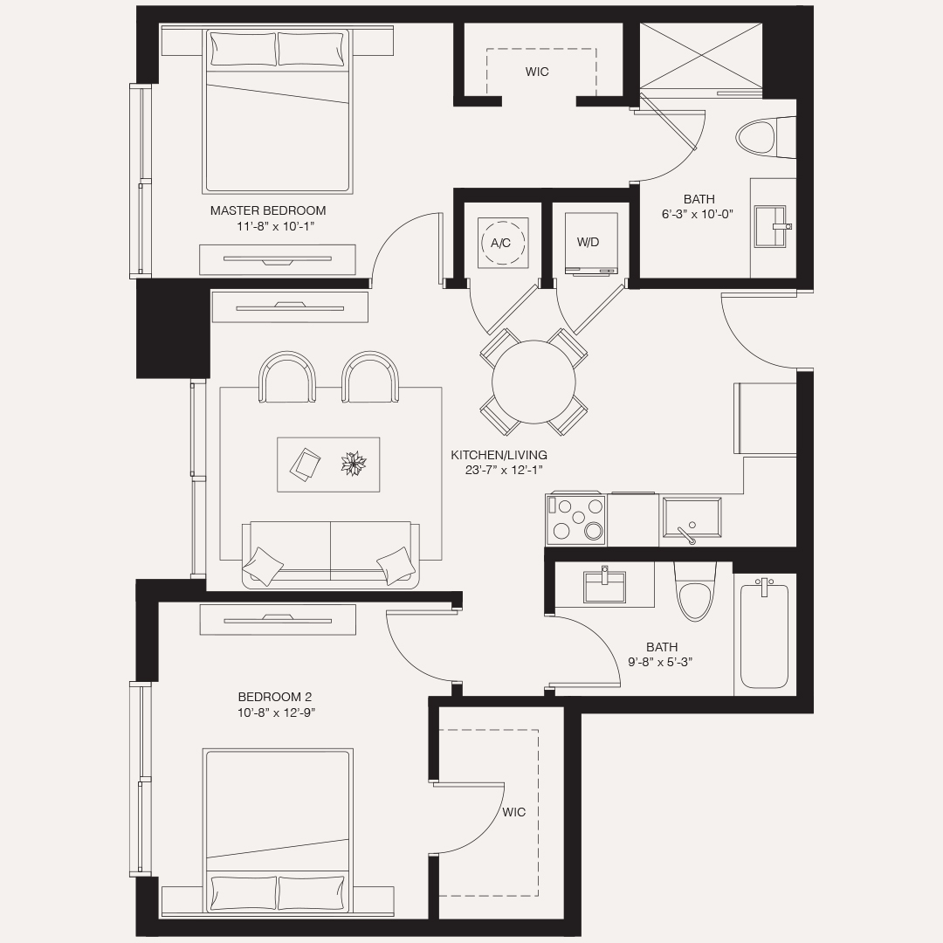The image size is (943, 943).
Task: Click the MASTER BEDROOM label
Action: click(x=268, y=210)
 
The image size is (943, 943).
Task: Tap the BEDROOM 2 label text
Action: click(x=274, y=697)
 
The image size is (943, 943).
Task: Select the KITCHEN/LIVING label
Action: click(x=499, y=455)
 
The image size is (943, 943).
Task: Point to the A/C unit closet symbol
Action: click(x=501, y=243)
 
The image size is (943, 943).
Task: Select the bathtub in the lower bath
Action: click(x=764, y=635)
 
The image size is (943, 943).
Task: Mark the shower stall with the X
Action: click(x=700, y=55)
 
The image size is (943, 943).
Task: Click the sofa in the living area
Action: click(x=329, y=552)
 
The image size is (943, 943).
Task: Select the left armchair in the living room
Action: click(x=287, y=379)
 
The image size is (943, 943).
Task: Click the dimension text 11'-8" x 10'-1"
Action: click(x=274, y=226)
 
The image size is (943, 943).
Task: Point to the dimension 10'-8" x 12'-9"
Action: click(x=275, y=712)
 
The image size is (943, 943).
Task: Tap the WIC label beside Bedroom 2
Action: click(x=514, y=812)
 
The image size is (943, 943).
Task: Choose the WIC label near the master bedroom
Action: click(x=537, y=72)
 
